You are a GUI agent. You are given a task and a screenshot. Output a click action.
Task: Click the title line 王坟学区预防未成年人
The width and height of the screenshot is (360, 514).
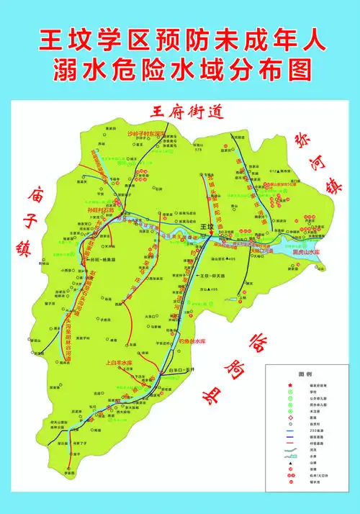(x=180, y=40)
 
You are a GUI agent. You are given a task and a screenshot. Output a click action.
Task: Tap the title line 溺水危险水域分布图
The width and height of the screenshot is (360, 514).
(x=180, y=71)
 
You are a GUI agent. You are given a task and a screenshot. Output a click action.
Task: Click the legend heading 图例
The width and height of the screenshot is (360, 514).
(x=305, y=375)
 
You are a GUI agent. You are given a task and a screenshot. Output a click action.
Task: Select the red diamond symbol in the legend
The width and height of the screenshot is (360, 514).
(x=291, y=418)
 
